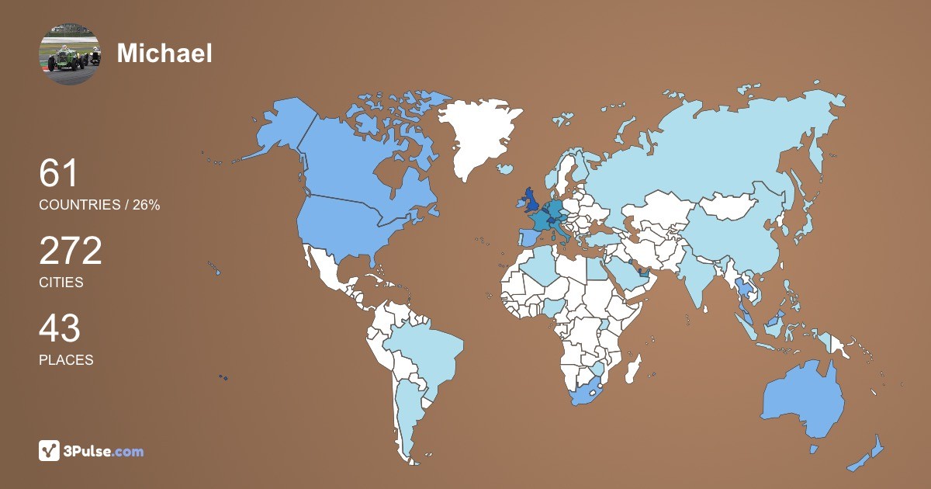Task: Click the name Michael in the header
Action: pyautogui.click(x=164, y=53)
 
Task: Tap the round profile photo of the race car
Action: pyautogui.click(x=70, y=54)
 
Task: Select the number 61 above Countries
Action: pyautogui.click(x=59, y=174)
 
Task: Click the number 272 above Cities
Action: pyautogui.click(x=71, y=251)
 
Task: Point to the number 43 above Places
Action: pyautogui.click(x=60, y=329)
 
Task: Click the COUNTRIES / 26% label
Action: pyautogui.click(x=99, y=205)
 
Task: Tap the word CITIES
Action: pyautogui.click(x=61, y=283)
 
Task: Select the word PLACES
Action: pyautogui.click(x=66, y=360)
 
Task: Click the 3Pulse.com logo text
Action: pyautogui.click(x=104, y=451)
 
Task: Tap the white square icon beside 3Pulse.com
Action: pyautogui.click(x=49, y=450)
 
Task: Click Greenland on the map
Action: pyautogui.click(x=477, y=136)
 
